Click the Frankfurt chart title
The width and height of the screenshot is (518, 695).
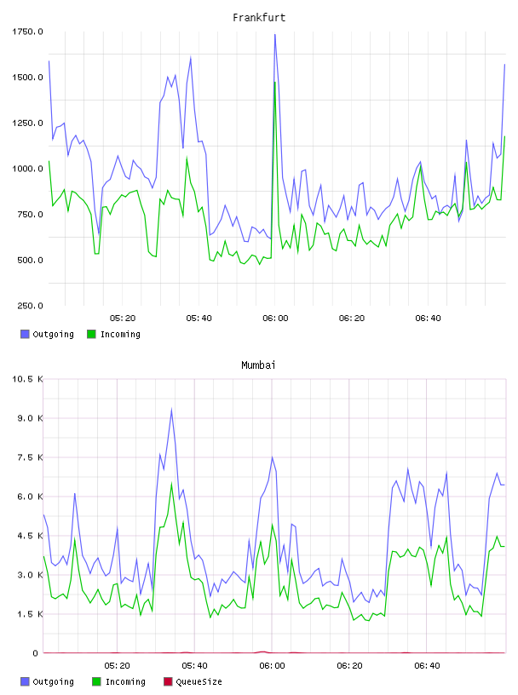pos(259,17)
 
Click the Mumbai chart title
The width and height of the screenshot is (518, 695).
pos(258,365)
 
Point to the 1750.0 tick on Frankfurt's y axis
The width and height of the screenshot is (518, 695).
pos(27,32)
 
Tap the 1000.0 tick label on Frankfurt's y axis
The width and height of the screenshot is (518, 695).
pos(27,169)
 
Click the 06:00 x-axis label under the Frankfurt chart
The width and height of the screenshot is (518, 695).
pos(275,319)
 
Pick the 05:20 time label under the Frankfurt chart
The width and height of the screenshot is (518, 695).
pos(123,319)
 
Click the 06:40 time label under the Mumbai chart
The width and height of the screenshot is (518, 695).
pos(427,666)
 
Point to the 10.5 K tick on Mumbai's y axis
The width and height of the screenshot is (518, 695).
pos(27,379)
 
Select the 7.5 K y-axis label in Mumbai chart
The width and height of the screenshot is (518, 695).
pos(30,457)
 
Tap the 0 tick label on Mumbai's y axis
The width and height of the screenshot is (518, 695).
pos(36,653)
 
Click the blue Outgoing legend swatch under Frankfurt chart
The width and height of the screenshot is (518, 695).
pos(25,334)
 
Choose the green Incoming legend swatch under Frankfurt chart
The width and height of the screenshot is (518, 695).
pos(91,334)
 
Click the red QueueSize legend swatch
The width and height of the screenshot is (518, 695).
pos(168,681)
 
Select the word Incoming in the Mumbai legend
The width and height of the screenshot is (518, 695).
pos(125,681)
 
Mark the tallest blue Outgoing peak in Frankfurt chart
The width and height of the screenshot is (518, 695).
pos(275,35)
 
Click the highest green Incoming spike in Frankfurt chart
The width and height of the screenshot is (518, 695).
pos(275,82)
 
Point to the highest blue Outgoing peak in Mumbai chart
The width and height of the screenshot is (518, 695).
pos(171,409)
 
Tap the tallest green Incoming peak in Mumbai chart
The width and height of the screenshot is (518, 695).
pos(171,484)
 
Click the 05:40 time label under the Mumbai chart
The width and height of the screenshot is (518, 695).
pos(195,666)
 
